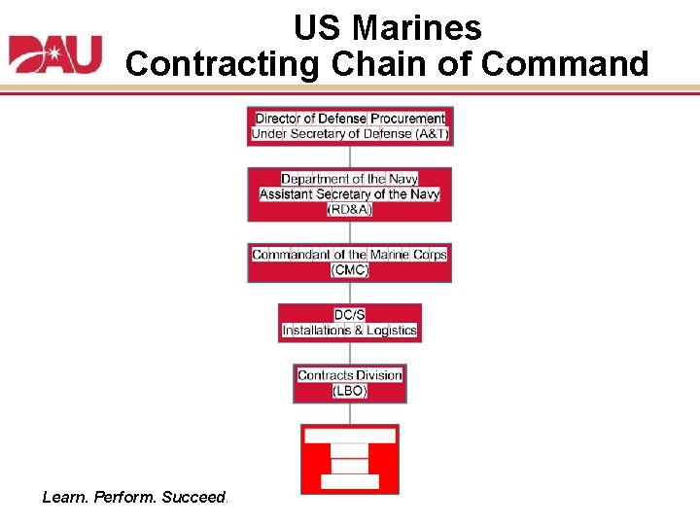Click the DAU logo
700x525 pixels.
coord(55,54)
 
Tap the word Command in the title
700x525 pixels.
coord(564,64)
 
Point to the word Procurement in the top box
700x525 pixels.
coord(407,119)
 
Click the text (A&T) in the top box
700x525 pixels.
coord(432,133)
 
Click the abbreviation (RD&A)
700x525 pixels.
coord(350,209)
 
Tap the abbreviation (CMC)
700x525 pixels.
coord(350,269)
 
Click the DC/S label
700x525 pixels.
coord(350,315)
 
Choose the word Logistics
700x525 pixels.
coord(392,331)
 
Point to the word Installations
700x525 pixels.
coord(316,331)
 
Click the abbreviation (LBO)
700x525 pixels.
coord(350,390)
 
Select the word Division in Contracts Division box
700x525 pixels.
coord(379,375)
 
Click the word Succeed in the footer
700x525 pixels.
coord(193,497)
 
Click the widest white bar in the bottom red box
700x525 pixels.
coord(350,436)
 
